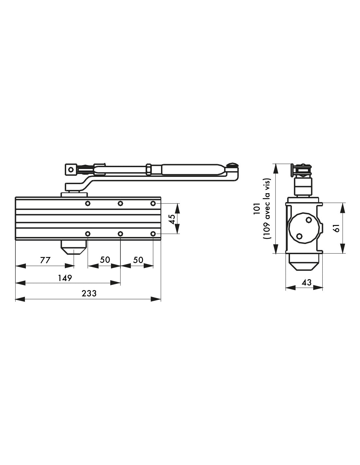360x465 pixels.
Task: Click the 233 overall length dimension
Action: (89, 293)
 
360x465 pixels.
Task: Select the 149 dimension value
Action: (65, 278)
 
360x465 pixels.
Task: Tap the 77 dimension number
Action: (45, 260)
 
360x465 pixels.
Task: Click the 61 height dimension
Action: (336, 228)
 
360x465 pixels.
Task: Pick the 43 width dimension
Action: (306, 282)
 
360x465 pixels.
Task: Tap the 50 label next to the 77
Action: (105, 260)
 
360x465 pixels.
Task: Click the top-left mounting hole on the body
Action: (87, 203)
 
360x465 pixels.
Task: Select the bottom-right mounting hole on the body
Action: (153, 234)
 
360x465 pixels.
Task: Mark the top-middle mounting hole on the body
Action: (120, 203)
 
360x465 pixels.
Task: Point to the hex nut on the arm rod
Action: (149, 169)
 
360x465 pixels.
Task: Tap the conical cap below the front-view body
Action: (74, 248)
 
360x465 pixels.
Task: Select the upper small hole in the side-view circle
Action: (308, 220)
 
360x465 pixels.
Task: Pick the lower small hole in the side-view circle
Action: (299, 236)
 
